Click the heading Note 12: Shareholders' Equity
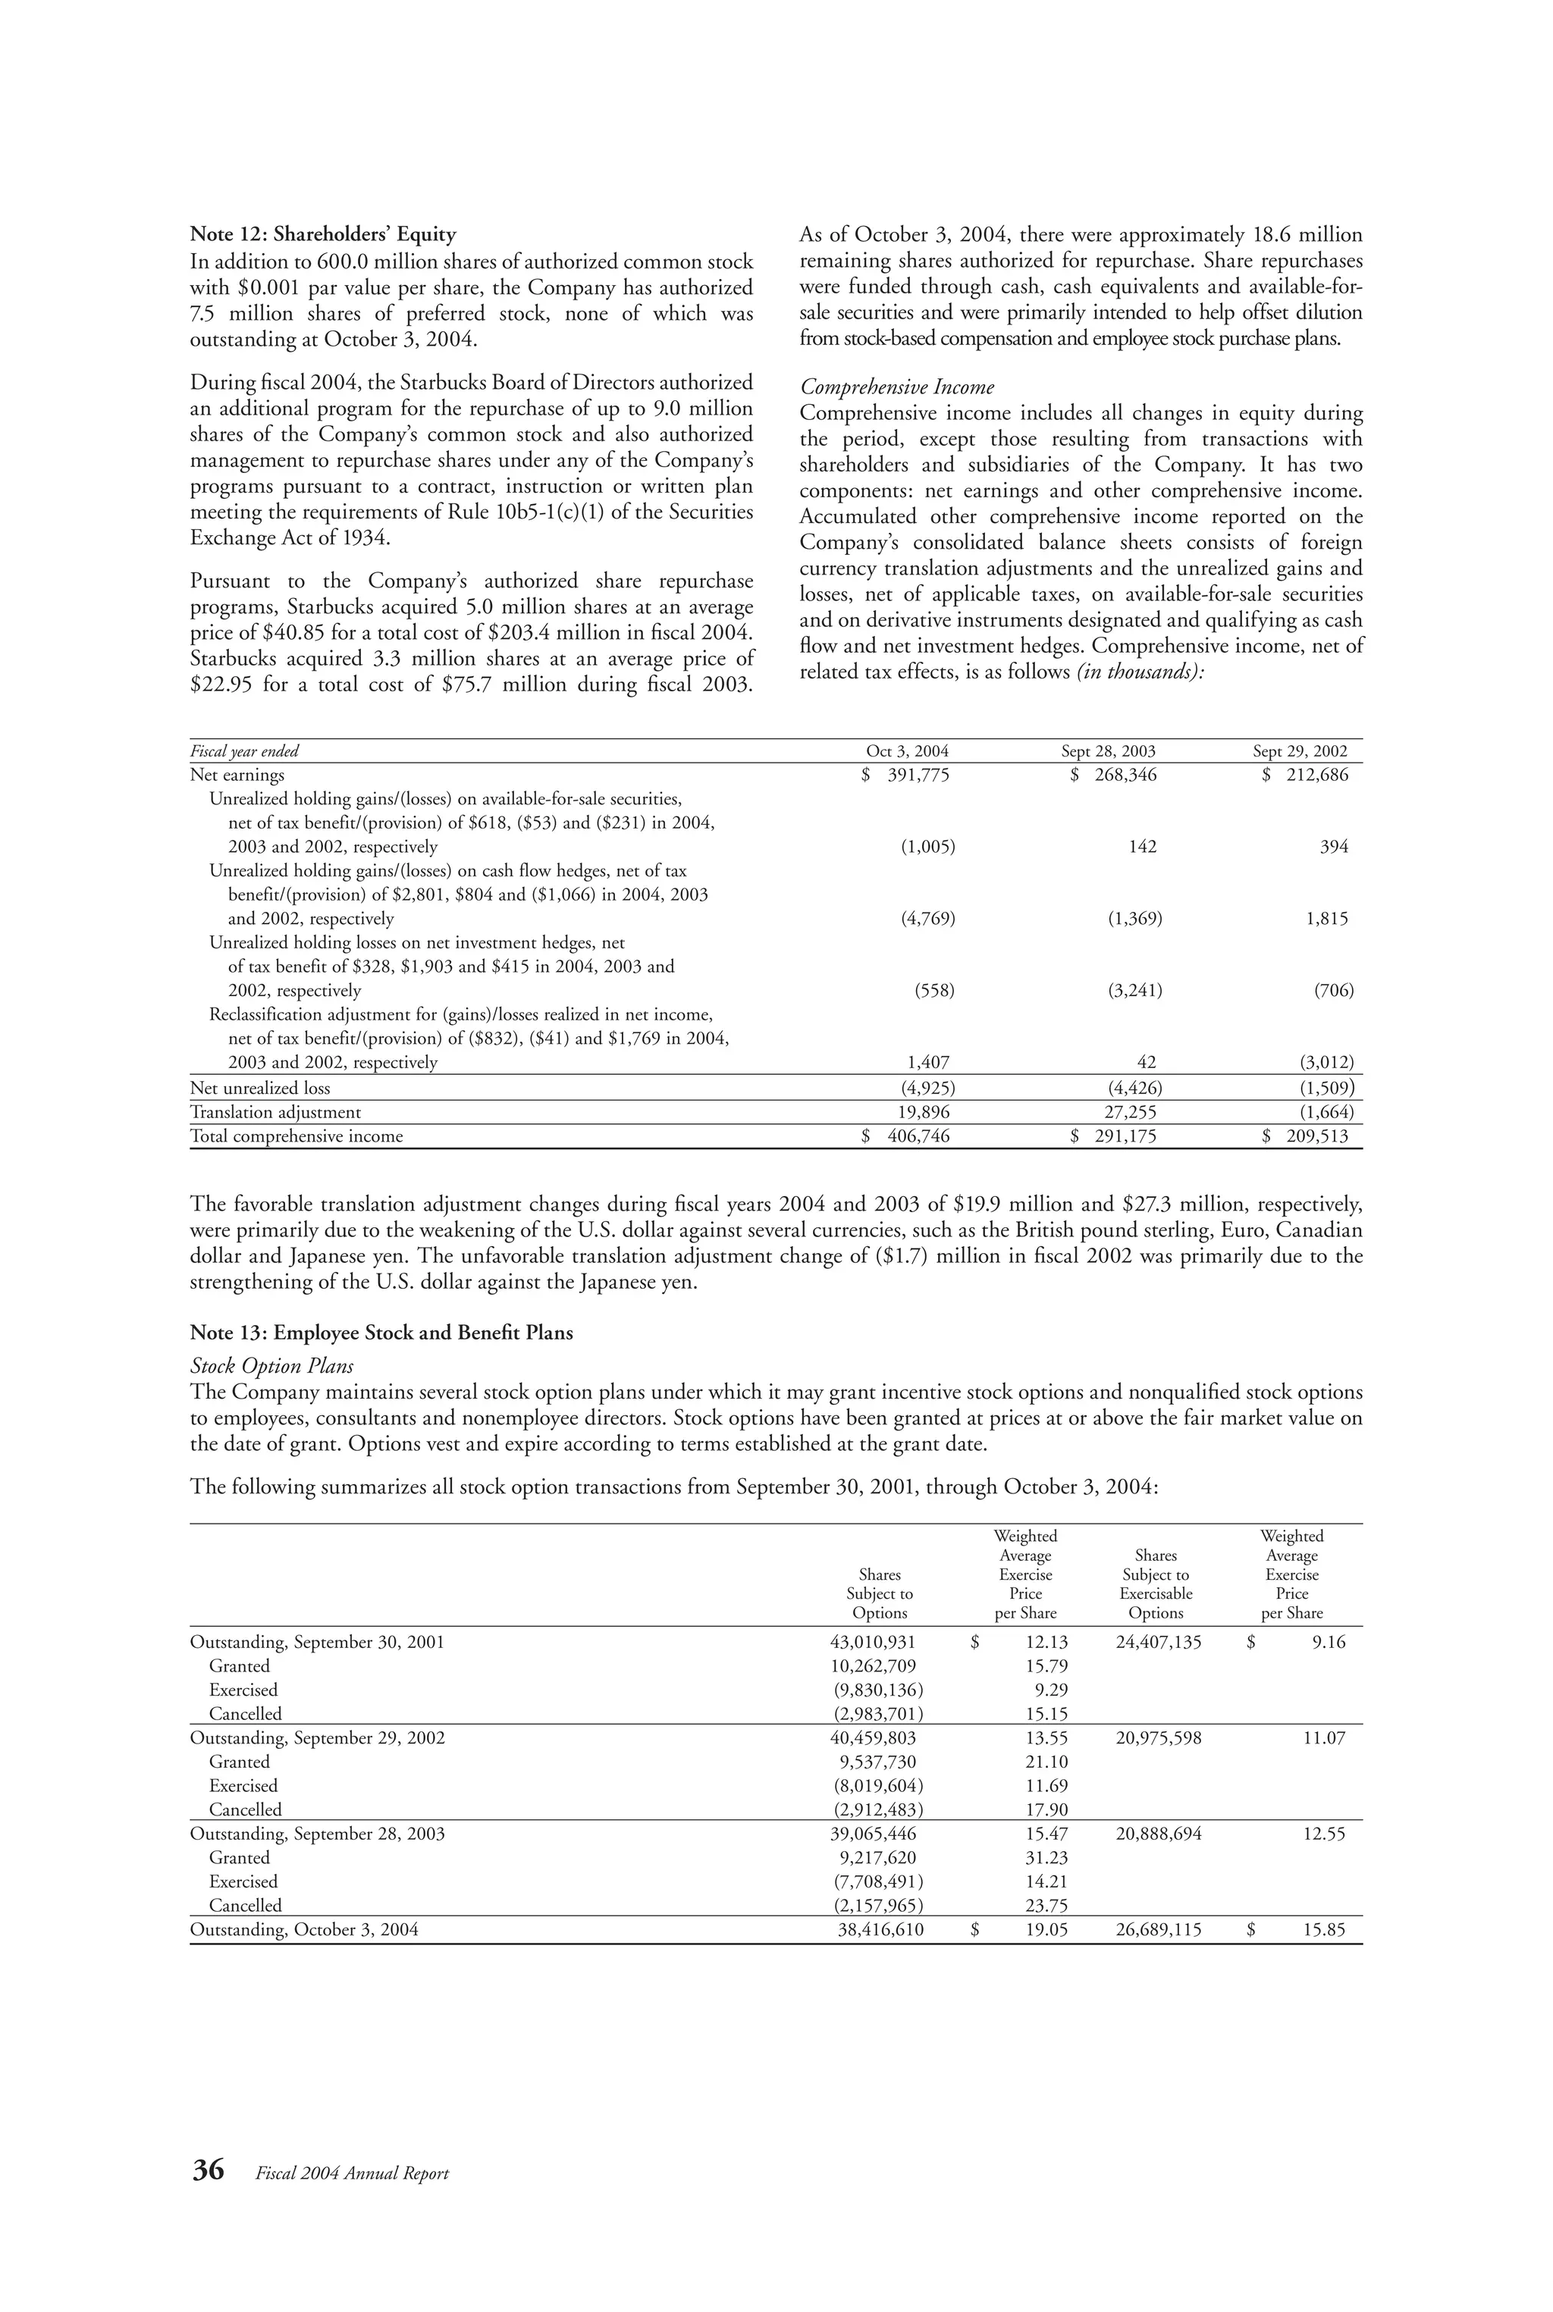(x=323, y=235)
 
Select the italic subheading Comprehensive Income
(x=896, y=387)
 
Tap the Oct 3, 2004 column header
(x=906, y=751)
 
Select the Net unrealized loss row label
(x=259, y=1089)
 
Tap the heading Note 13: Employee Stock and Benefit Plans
(x=381, y=1333)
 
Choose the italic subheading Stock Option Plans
(x=271, y=1367)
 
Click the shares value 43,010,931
(x=871, y=1643)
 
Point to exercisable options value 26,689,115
(x=1158, y=1930)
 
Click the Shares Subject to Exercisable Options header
(x=1156, y=1584)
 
